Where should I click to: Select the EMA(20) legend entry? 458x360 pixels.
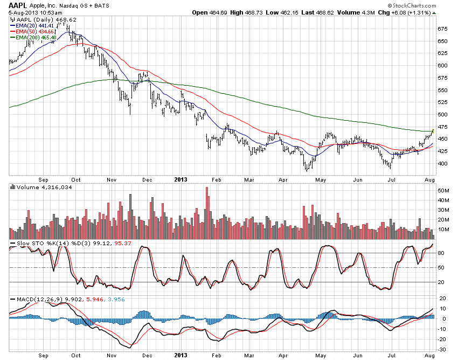(x=36, y=25)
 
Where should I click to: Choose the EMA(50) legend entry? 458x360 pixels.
(x=36, y=31)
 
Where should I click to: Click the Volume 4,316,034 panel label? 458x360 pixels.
(x=38, y=187)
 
